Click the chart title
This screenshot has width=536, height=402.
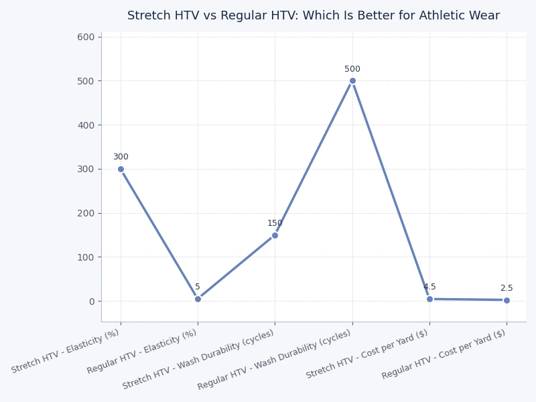(x=314, y=15)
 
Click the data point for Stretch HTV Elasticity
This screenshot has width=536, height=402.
(x=121, y=169)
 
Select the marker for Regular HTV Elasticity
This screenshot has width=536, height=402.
(x=198, y=299)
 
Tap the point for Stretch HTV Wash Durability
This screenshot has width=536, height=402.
(x=275, y=235)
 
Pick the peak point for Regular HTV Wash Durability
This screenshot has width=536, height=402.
(x=352, y=81)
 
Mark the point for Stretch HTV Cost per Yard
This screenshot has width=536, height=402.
(x=429, y=299)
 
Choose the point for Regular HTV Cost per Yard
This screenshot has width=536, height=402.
(x=507, y=300)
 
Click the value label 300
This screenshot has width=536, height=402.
(x=121, y=157)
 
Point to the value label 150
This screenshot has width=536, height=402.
(x=275, y=223)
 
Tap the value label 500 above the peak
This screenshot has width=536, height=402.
(x=352, y=69)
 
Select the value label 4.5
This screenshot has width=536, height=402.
(x=429, y=287)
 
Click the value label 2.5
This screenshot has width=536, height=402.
(x=507, y=288)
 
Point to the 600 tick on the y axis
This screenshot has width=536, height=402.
(x=86, y=37)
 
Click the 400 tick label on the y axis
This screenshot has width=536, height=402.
(x=86, y=125)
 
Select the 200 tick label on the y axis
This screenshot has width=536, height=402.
(x=86, y=213)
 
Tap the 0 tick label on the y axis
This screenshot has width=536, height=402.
(x=92, y=301)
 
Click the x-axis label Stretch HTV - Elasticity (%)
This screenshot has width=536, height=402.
(x=66, y=351)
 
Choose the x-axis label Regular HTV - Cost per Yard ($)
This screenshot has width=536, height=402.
(x=444, y=354)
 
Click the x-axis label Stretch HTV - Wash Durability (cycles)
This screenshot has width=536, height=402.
(x=198, y=360)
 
